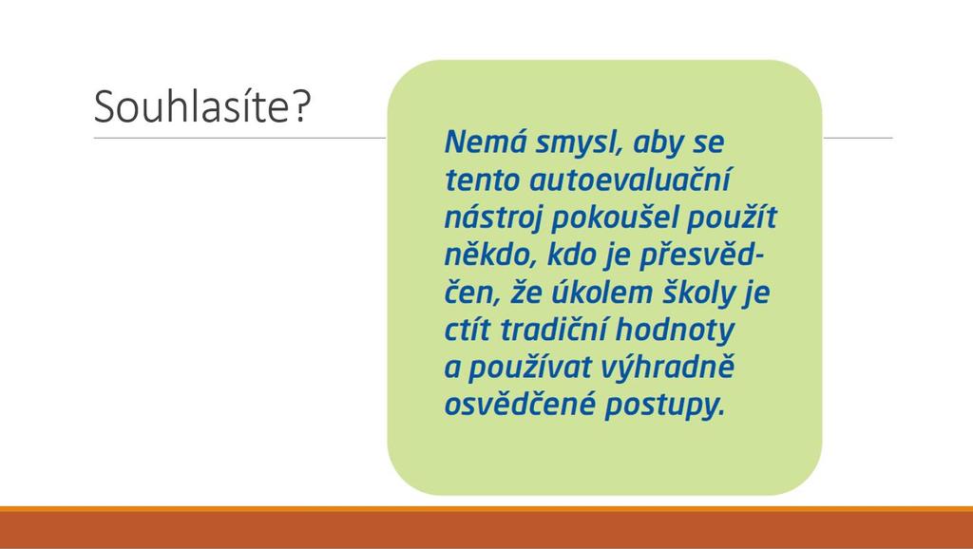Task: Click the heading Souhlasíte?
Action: click(201, 106)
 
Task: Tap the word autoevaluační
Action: click(630, 180)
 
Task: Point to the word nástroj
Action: click(493, 218)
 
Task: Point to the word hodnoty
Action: click(675, 330)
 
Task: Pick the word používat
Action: click(529, 368)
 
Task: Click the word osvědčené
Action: click(520, 404)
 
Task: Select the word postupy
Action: click(665, 406)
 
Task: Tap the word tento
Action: click(482, 180)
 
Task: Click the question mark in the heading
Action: click(300, 106)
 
